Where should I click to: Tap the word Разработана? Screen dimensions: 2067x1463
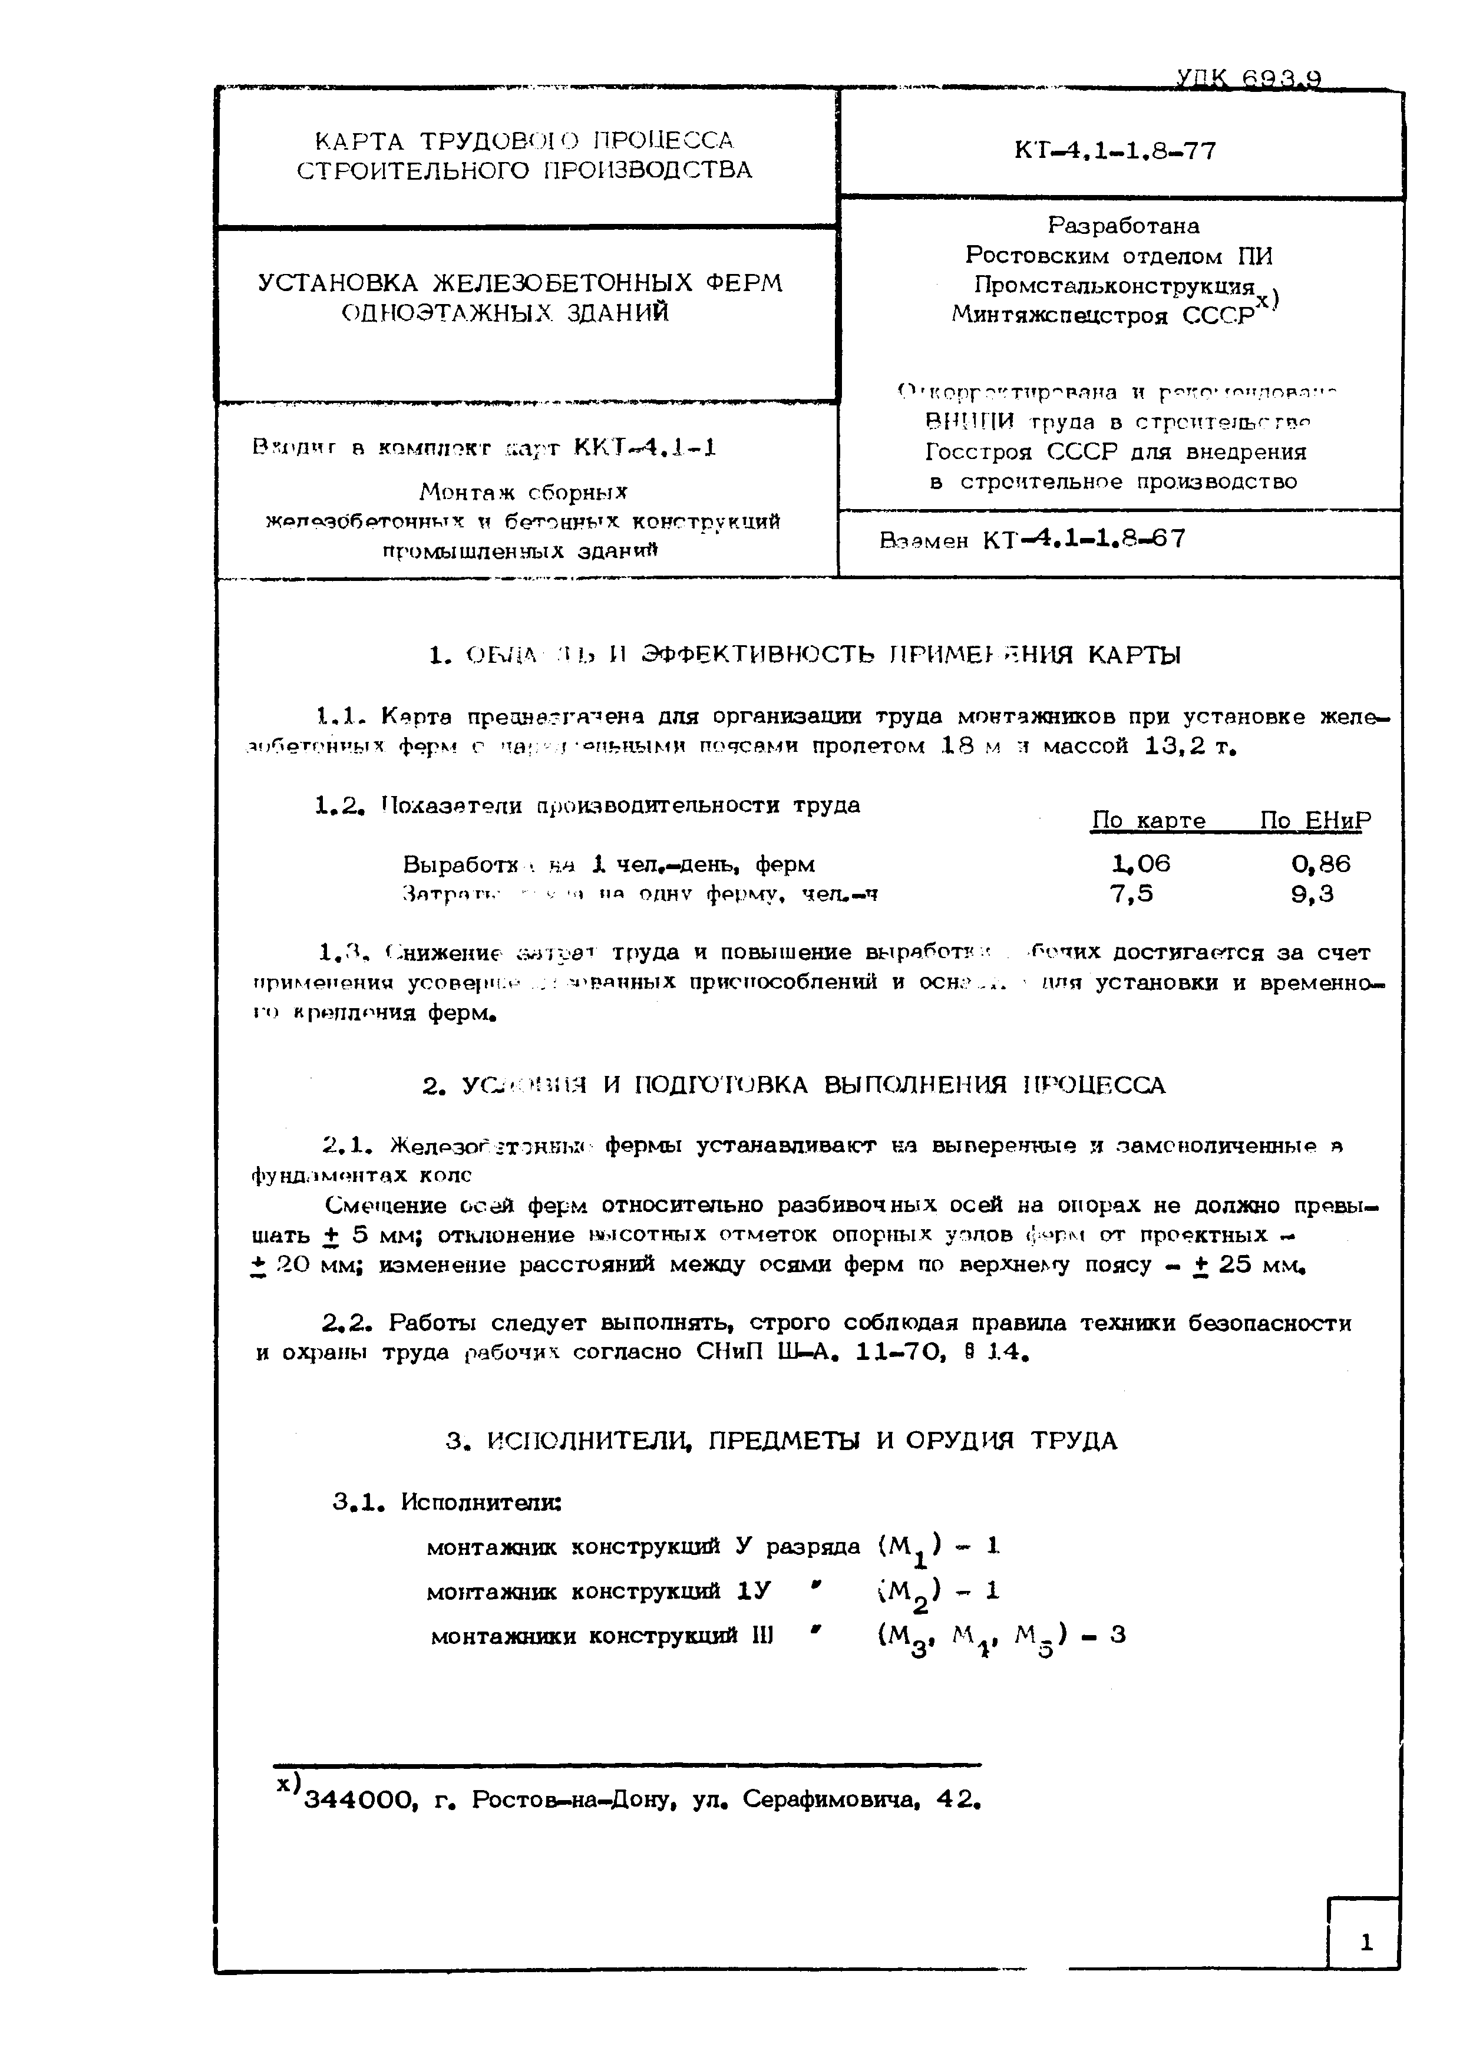1122,225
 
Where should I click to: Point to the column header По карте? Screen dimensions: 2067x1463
1148,821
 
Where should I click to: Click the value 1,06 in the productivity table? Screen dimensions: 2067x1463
1141,864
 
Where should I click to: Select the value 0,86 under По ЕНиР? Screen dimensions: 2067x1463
1320,864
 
